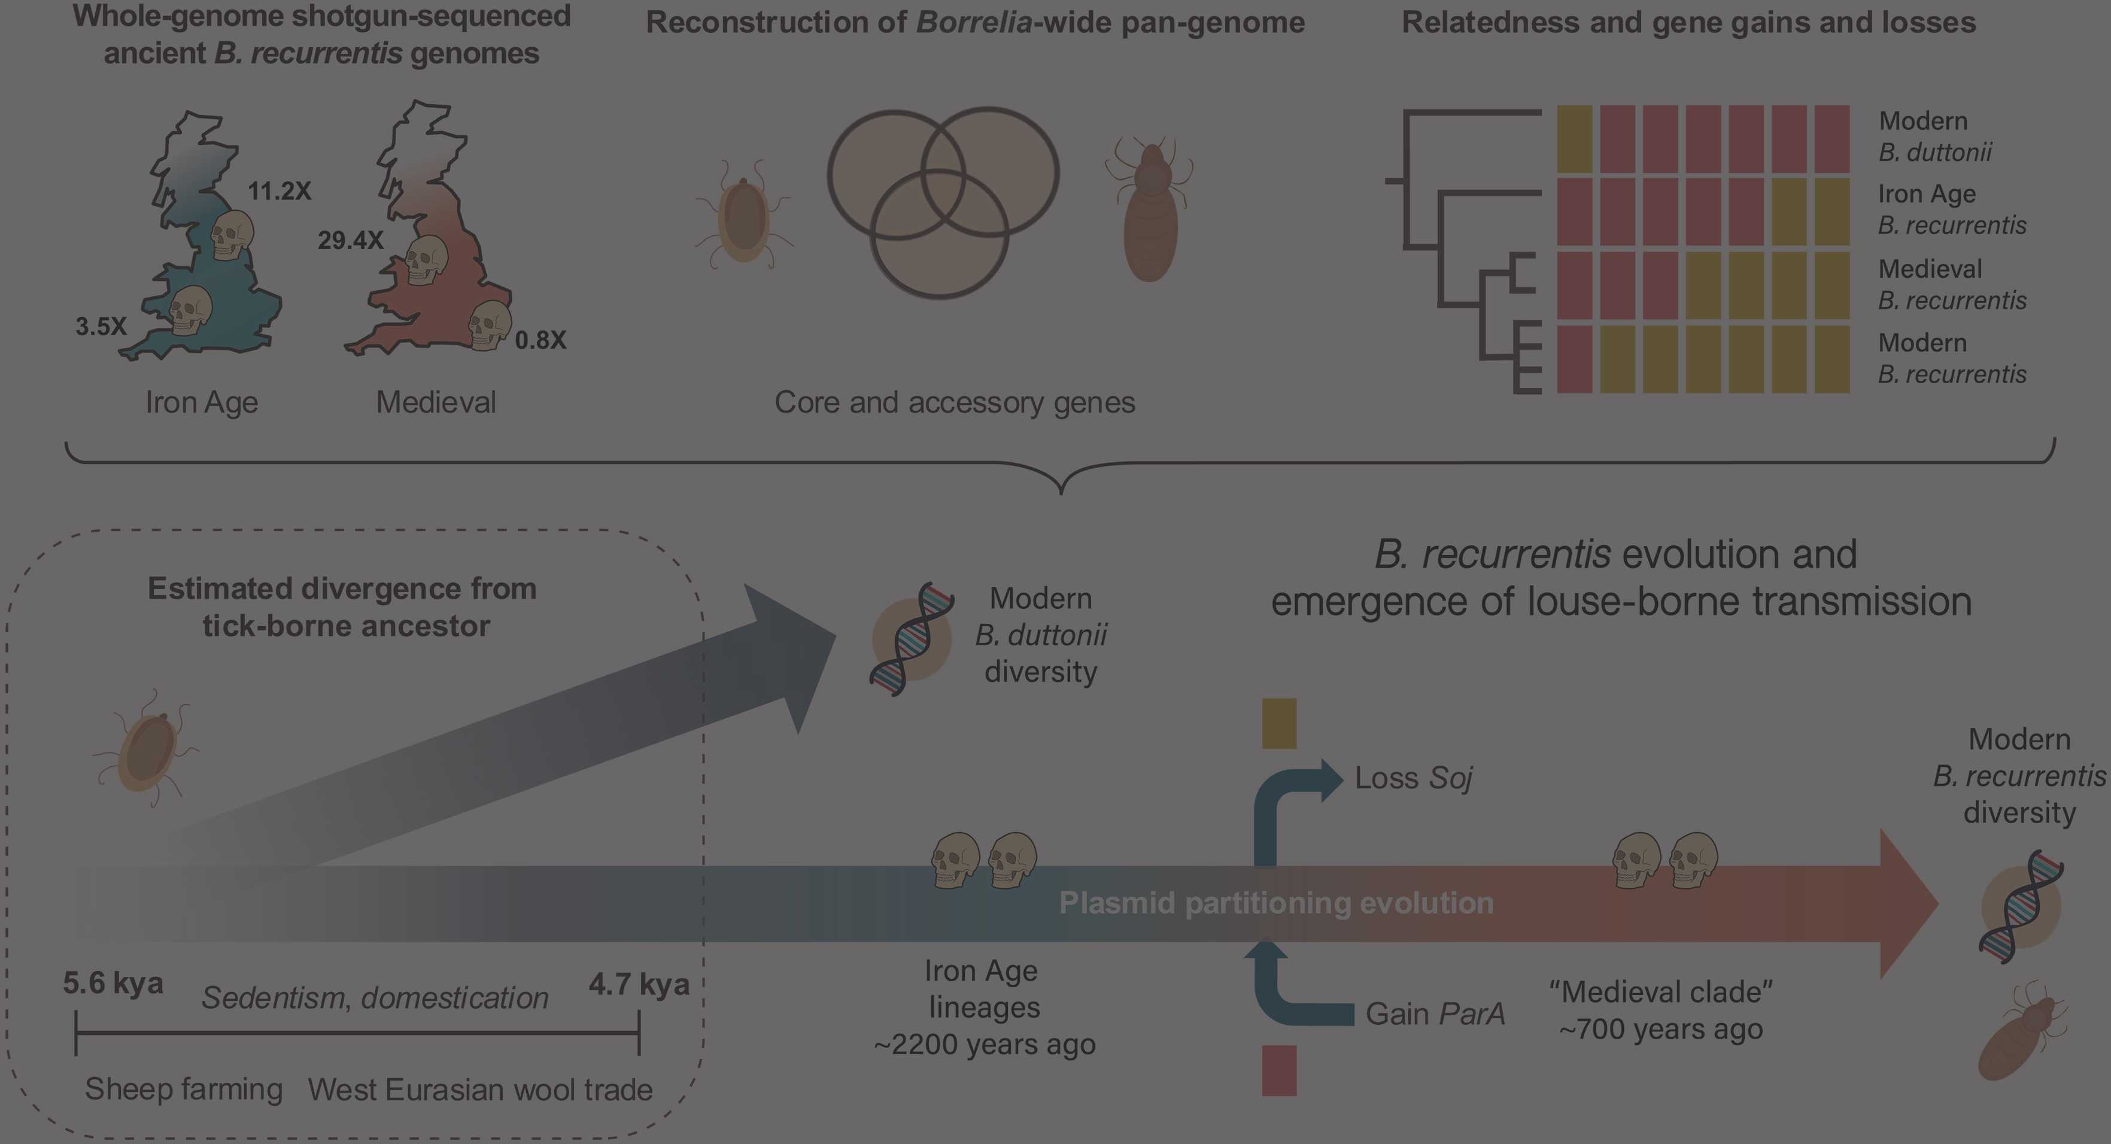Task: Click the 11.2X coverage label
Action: coord(280,191)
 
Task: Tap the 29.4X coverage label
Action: coord(350,240)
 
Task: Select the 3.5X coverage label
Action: coord(101,326)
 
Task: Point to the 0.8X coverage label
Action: coord(540,339)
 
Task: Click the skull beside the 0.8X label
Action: coord(488,324)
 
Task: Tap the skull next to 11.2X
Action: coord(232,235)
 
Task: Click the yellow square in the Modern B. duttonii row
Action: coord(1574,139)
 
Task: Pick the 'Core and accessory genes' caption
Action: coord(955,402)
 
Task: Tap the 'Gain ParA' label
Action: coord(1435,1013)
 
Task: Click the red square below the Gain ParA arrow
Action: coord(1279,1069)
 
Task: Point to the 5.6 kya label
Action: coord(113,982)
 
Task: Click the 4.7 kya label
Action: coord(639,984)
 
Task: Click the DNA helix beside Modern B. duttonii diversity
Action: coord(912,639)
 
